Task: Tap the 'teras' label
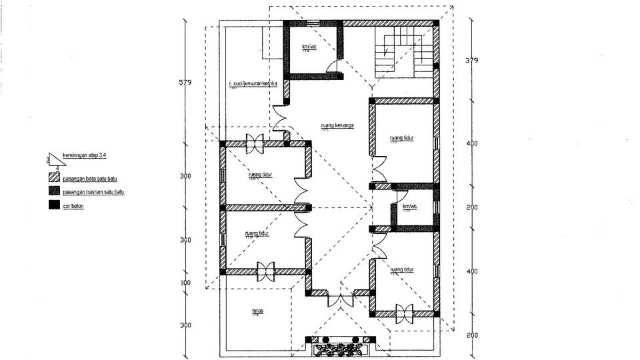257,311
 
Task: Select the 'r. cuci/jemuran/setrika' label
252,84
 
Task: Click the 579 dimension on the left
185,83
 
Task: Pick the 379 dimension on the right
472,61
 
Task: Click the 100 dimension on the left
185,283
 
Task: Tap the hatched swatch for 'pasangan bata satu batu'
54,179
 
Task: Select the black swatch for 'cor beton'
54,205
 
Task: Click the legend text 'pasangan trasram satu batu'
94,192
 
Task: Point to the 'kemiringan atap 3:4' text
84,155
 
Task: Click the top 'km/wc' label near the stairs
309,46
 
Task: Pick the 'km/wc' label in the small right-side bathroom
409,207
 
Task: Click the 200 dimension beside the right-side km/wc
472,207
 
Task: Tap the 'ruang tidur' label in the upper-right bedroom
402,139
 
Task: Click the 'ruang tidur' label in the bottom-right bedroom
402,269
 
